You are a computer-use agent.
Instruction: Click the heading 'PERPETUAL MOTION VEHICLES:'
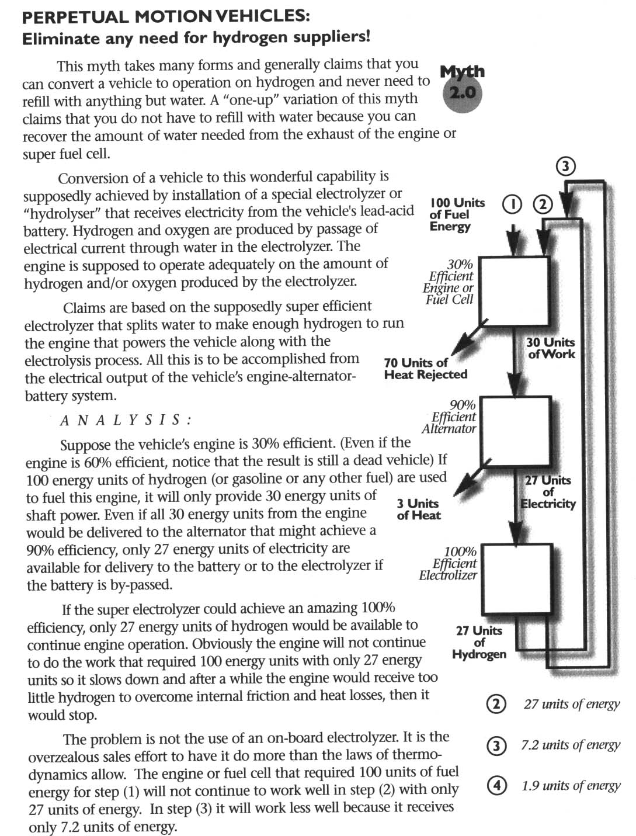pos(166,16)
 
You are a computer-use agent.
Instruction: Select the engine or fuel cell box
pos(514,291)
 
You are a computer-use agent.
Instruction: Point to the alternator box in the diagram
pos(515,431)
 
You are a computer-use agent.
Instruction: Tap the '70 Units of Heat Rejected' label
pos(425,369)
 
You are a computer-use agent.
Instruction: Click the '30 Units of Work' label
pos(550,348)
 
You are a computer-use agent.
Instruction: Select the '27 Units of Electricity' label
pos(548,492)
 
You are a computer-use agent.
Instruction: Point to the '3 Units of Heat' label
pos(418,509)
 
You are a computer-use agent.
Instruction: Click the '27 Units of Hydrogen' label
pos(479,642)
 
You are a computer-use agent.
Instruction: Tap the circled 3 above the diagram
pos(565,167)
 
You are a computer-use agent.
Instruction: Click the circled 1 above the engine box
pos(512,204)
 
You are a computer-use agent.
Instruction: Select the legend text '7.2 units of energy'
pos(571,745)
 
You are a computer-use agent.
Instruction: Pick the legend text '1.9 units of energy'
pos(571,786)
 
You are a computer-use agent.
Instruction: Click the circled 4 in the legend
pos(496,786)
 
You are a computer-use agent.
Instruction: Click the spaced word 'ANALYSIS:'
pos(126,420)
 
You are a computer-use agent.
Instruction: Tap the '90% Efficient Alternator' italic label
pos(454,417)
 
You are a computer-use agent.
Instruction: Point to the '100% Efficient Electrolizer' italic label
pos(449,563)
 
